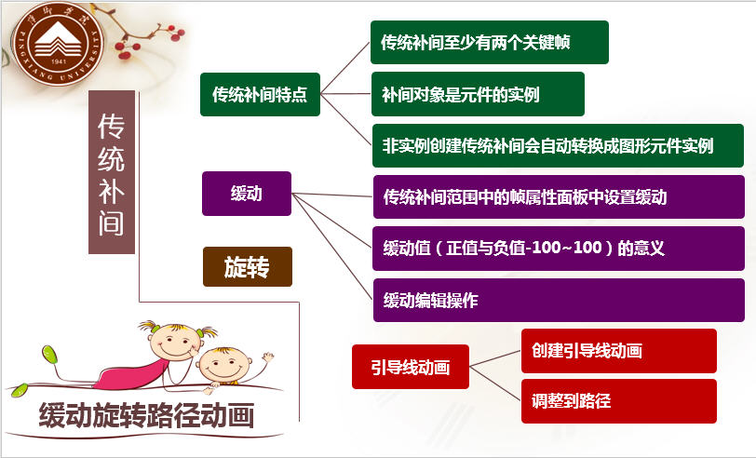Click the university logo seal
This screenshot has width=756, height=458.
pos(58,44)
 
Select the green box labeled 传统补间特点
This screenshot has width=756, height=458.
pos(260,95)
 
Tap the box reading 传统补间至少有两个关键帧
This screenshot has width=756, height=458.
pos(490,43)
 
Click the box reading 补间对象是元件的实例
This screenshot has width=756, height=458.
pos(478,94)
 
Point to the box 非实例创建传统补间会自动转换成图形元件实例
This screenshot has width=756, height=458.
pos(558,145)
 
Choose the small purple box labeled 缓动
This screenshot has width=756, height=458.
pos(247,194)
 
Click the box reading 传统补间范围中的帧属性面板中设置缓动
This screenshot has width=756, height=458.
pos(559,196)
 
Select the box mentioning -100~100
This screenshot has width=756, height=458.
pos(559,249)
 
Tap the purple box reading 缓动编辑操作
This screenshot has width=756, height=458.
pos(559,300)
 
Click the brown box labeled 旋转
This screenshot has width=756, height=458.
pos(248,266)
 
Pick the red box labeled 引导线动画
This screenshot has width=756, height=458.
pos(411,367)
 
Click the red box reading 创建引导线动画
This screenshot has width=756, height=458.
pos(619,351)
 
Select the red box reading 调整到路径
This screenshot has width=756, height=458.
pos(619,401)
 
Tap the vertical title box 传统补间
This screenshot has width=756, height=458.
pos(112,172)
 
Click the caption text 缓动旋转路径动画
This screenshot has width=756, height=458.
pos(146,415)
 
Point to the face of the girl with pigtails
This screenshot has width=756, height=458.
pos(173,342)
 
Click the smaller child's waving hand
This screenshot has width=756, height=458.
pos(267,357)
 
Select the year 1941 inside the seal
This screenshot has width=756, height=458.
pos(58,61)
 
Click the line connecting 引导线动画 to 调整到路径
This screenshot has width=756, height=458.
pos(495,384)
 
